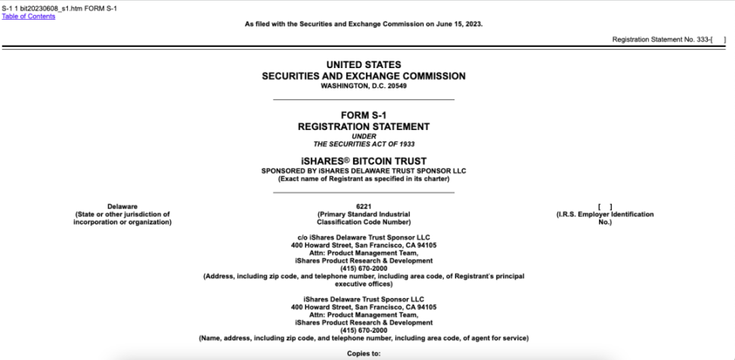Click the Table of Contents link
28,16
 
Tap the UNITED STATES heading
363,66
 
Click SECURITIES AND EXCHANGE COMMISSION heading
363,76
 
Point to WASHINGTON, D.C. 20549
363,85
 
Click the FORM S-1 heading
363,115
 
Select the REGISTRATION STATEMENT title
363,126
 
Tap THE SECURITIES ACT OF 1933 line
363,144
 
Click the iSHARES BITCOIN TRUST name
363,160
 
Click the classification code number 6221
363,206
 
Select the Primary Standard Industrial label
363,214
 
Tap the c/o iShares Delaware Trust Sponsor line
363,238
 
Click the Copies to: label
363,352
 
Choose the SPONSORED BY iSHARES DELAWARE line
363,170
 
